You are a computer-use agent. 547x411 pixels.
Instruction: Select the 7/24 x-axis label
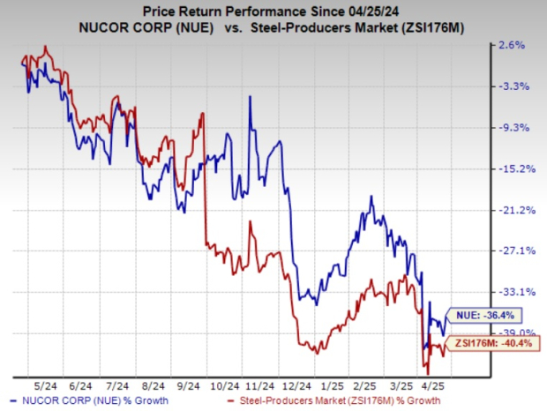click(116, 385)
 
